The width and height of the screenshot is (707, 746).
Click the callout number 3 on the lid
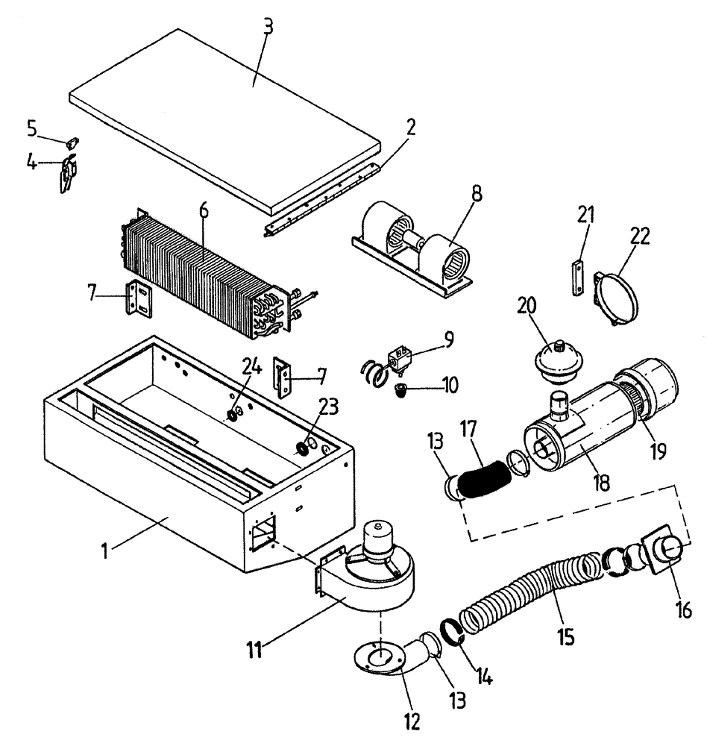coord(268,28)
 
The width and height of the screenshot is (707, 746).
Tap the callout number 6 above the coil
coord(204,210)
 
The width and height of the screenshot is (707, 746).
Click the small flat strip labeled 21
coord(576,277)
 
